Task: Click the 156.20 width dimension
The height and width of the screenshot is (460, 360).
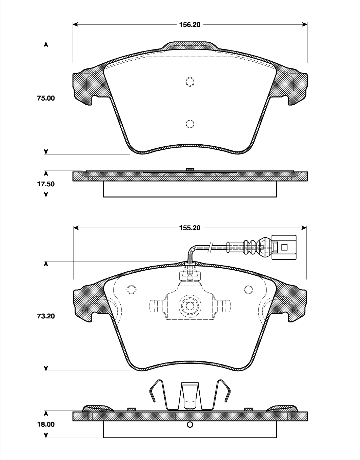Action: click(x=189, y=24)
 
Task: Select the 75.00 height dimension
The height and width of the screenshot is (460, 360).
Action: click(x=46, y=98)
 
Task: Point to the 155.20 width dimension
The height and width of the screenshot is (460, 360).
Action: click(x=189, y=228)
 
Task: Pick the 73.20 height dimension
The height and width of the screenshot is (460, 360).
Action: click(x=46, y=316)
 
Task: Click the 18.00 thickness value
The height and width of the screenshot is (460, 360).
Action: click(x=46, y=424)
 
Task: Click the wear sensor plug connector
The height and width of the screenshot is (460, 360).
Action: click(x=284, y=248)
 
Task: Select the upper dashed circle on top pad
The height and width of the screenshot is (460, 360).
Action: click(x=190, y=82)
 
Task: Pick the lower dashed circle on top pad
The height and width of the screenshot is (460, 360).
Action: click(x=190, y=124)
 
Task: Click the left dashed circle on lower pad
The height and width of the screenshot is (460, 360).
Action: click(x=131, y=290)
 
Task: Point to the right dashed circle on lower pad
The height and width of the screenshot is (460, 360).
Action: click(x=248, y=290)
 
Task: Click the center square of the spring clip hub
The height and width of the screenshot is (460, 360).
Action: click(x=190, y=307)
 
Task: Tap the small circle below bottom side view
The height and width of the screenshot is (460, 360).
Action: click(x=190, y=425)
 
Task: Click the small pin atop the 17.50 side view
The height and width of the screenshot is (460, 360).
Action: click(x=190, y=169)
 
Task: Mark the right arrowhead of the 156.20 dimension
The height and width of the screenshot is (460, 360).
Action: click(x=305, y=24)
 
